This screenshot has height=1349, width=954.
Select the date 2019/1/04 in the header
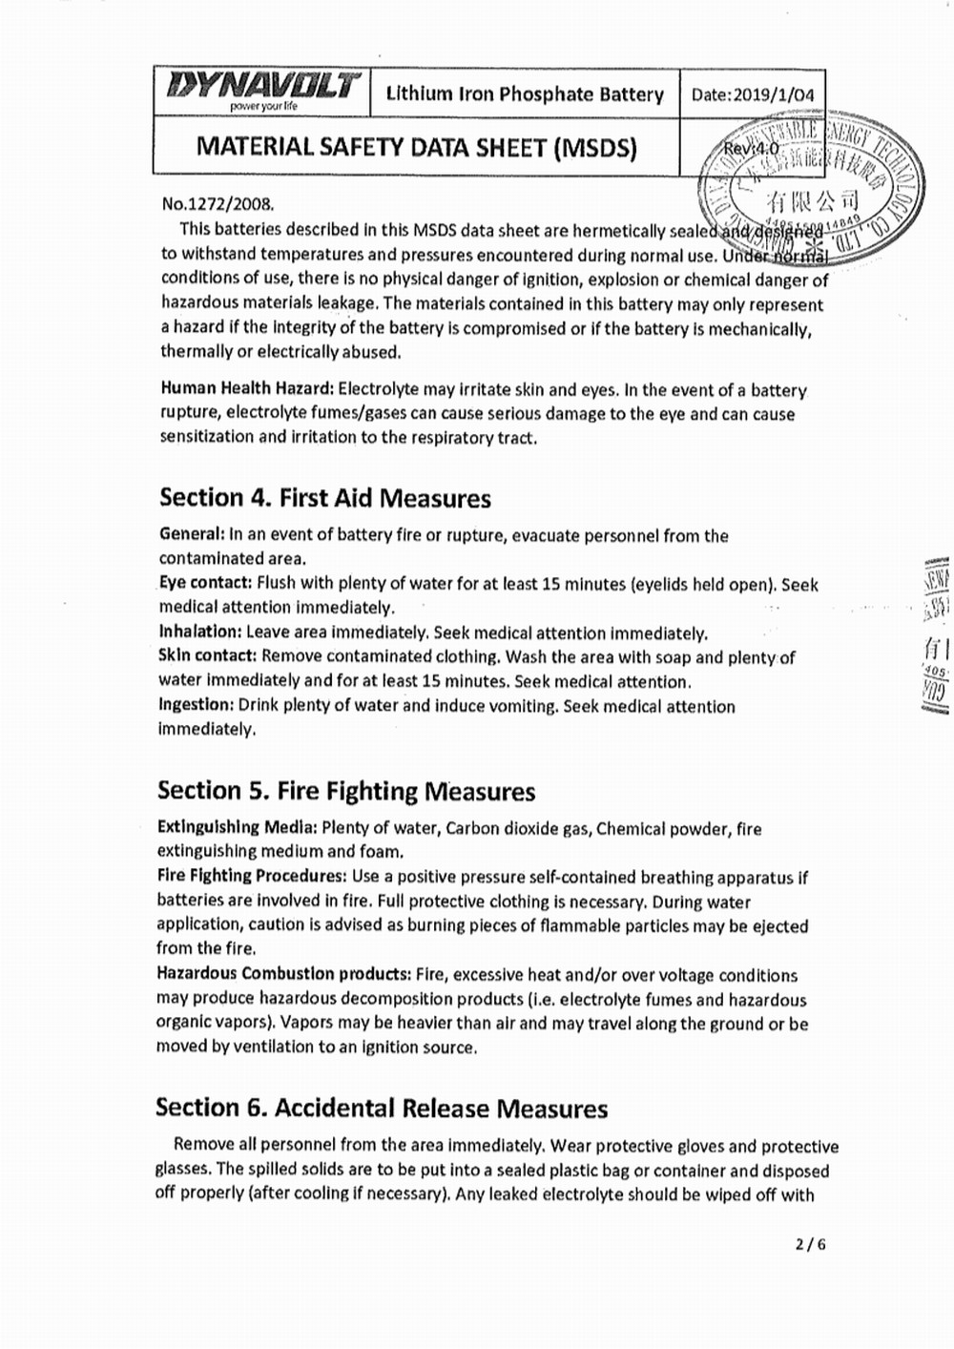coord(753,94)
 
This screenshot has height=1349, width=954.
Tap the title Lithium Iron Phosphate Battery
coord(525,93)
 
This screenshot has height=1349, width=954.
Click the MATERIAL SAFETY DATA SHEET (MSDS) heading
coord(416,147)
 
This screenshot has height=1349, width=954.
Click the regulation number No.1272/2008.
coord(218,204)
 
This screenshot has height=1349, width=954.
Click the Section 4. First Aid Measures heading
coord(325,498)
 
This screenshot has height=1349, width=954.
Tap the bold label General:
coord(191,534)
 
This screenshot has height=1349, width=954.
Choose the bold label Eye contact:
coord(205,583)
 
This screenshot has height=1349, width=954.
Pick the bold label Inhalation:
coord(199,632)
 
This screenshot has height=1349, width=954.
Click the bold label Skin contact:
coord(207,656)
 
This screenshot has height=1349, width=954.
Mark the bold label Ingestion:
coord(196,705)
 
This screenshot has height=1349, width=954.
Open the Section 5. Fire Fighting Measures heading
coord(346,791)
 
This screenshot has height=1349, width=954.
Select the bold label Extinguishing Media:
coord(237,827)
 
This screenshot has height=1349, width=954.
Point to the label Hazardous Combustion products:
coord(283,974)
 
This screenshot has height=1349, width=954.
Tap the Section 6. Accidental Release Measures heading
coord(382,1108)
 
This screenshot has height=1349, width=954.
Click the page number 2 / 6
coord(809,1244)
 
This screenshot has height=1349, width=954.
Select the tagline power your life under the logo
coord(264,106)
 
